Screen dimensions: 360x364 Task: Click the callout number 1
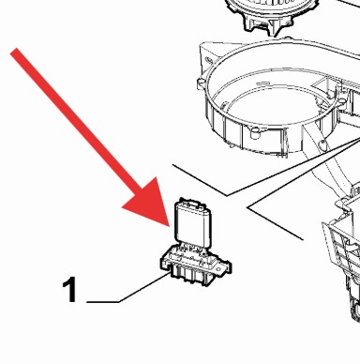[x=69, y=290]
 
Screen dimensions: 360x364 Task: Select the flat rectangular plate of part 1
[x=192, y=222]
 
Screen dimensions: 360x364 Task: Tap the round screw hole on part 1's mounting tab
[x=222, y=267]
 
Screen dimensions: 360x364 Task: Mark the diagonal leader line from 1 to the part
[x=144, y=287]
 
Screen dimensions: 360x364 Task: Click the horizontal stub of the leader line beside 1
[x=102, y=302]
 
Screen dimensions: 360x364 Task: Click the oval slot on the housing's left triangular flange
[x=208, y=60]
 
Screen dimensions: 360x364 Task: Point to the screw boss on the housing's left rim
[x=202, y=83]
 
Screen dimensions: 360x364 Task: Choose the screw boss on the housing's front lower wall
[x=256, y=133]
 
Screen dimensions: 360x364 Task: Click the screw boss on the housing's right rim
[x=340, y=99]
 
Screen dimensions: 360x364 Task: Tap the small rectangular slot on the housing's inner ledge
[x=263, y=83]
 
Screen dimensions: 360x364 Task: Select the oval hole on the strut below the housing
[x=322, y=144]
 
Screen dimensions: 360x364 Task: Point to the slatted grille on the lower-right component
[x=341, y=247]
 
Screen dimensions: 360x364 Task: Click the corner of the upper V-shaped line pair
[x=227, y=196]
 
